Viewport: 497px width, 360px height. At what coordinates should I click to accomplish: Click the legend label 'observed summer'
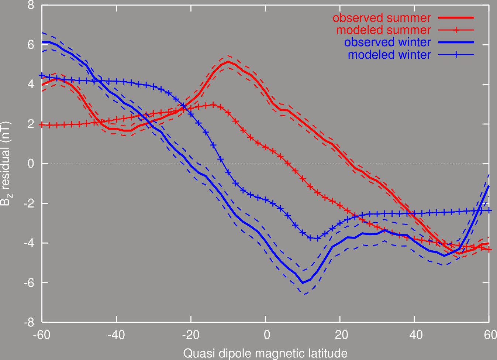pyautogui.click(x=382, y=18)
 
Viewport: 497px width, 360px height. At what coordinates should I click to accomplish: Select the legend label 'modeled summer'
pyautogui.click(x=383, y=30)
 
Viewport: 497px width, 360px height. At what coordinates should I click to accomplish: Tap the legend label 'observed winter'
pyautogui.click(x=387, y=42)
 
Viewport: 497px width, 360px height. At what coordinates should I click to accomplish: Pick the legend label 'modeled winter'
pyautogui.click(x=389, y=55)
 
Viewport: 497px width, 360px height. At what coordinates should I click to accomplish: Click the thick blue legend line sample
pyautogui.click(x=456, y=42)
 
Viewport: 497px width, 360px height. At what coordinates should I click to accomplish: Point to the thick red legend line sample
pyautogui.click(x=456, y=18)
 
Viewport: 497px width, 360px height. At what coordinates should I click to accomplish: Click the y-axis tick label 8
pyautogui.click(x=31, y=5)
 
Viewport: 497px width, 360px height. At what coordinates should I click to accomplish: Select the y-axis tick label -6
pyautogui.click(x=29, y=283)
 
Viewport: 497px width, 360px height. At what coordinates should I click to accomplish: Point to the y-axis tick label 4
pyautogui.click(x=31, y=84)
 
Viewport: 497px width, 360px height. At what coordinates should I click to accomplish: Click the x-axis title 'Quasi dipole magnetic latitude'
pyautogui.click(x=265, y=353)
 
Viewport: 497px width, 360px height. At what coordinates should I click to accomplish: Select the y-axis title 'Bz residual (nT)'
pyautogui.click(x=6, y=164)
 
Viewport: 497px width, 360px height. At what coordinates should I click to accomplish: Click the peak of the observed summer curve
pyautogui.click(x=228, y=61)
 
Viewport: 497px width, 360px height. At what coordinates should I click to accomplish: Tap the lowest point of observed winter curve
pyautogui.click(x=303, y=283)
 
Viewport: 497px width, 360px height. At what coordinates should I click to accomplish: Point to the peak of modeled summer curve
pyautogui.click(x=213, y=104)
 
